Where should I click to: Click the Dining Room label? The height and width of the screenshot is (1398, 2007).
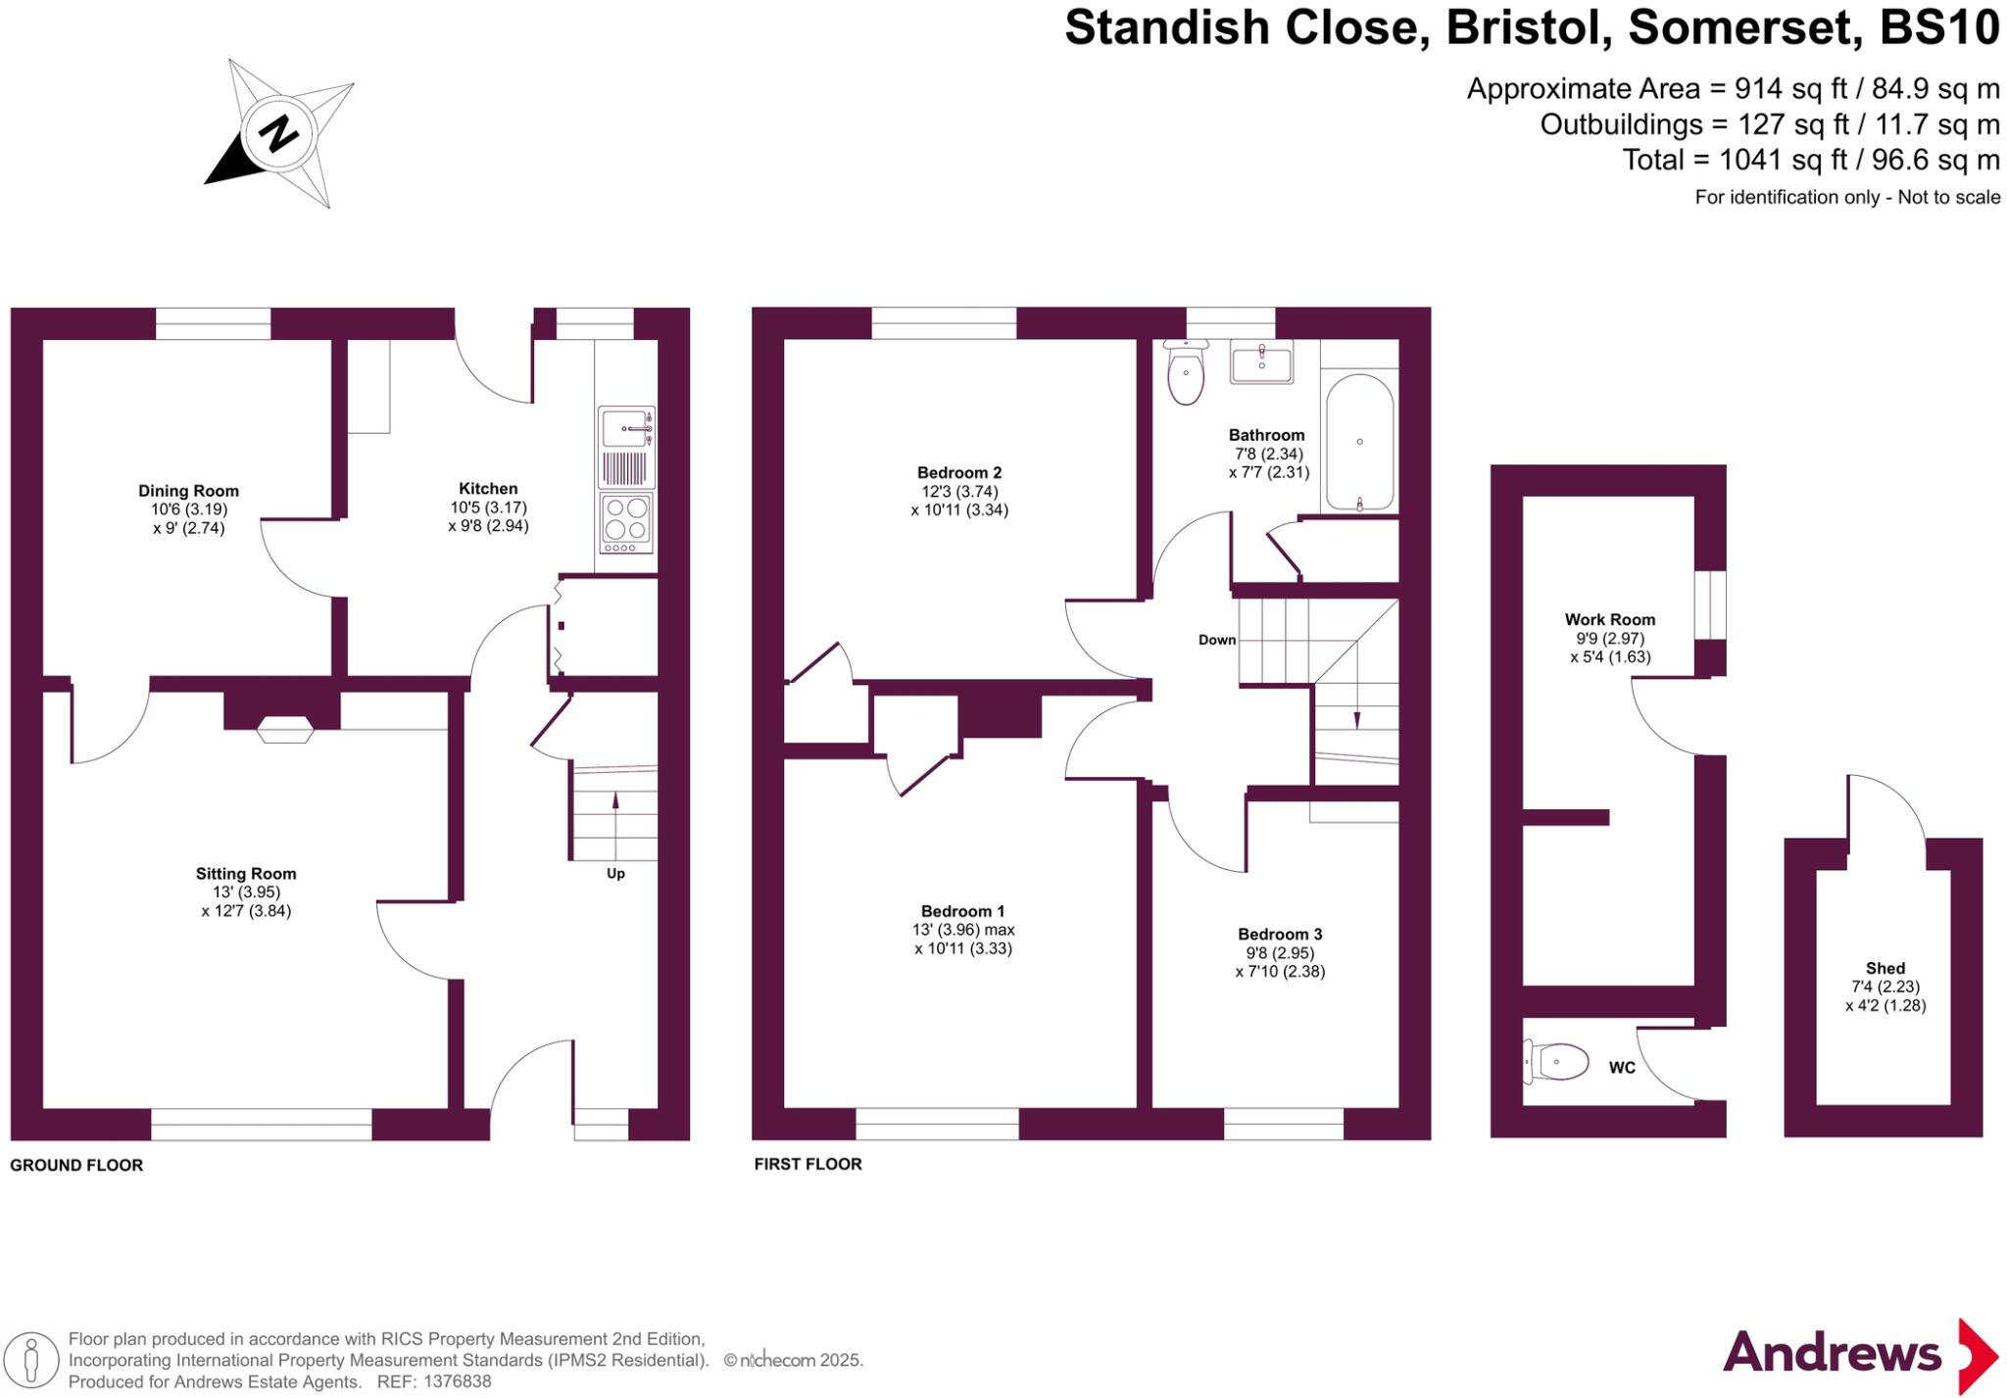coord(188,491)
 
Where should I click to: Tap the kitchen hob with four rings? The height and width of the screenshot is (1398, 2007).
coord(626,519)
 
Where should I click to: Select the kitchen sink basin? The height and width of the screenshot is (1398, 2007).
coord(624,428)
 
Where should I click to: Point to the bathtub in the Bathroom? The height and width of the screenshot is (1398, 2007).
coord(1359,442)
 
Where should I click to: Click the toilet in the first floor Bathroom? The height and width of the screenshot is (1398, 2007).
coord(1186,374)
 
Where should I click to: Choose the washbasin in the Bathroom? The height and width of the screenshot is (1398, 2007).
coord(1261,362)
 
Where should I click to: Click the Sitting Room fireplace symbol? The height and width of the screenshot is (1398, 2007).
coord(285,730)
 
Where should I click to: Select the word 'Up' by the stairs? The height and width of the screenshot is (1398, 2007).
coord(615,873)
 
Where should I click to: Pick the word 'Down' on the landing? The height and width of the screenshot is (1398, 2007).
coord(1217,640)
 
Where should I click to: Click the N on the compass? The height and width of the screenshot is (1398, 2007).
coord(279,133)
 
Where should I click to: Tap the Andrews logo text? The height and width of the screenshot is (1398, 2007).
coord(1832,1354)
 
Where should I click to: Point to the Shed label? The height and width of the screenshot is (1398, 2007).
coord(1885,968)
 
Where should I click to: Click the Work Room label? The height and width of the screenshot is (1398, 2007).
coord(1609,619)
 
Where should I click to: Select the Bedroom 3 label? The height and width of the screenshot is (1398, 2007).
coord(1280,934)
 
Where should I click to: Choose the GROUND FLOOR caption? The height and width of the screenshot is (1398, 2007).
coord(76,1165)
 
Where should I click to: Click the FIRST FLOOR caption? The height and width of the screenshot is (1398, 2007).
coord(808,1164)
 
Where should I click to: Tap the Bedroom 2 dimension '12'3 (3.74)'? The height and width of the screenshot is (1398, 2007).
coord(958,492)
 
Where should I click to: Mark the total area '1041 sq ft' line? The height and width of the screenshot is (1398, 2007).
coord(1810,160)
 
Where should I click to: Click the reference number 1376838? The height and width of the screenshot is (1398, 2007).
coord(457,1381)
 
